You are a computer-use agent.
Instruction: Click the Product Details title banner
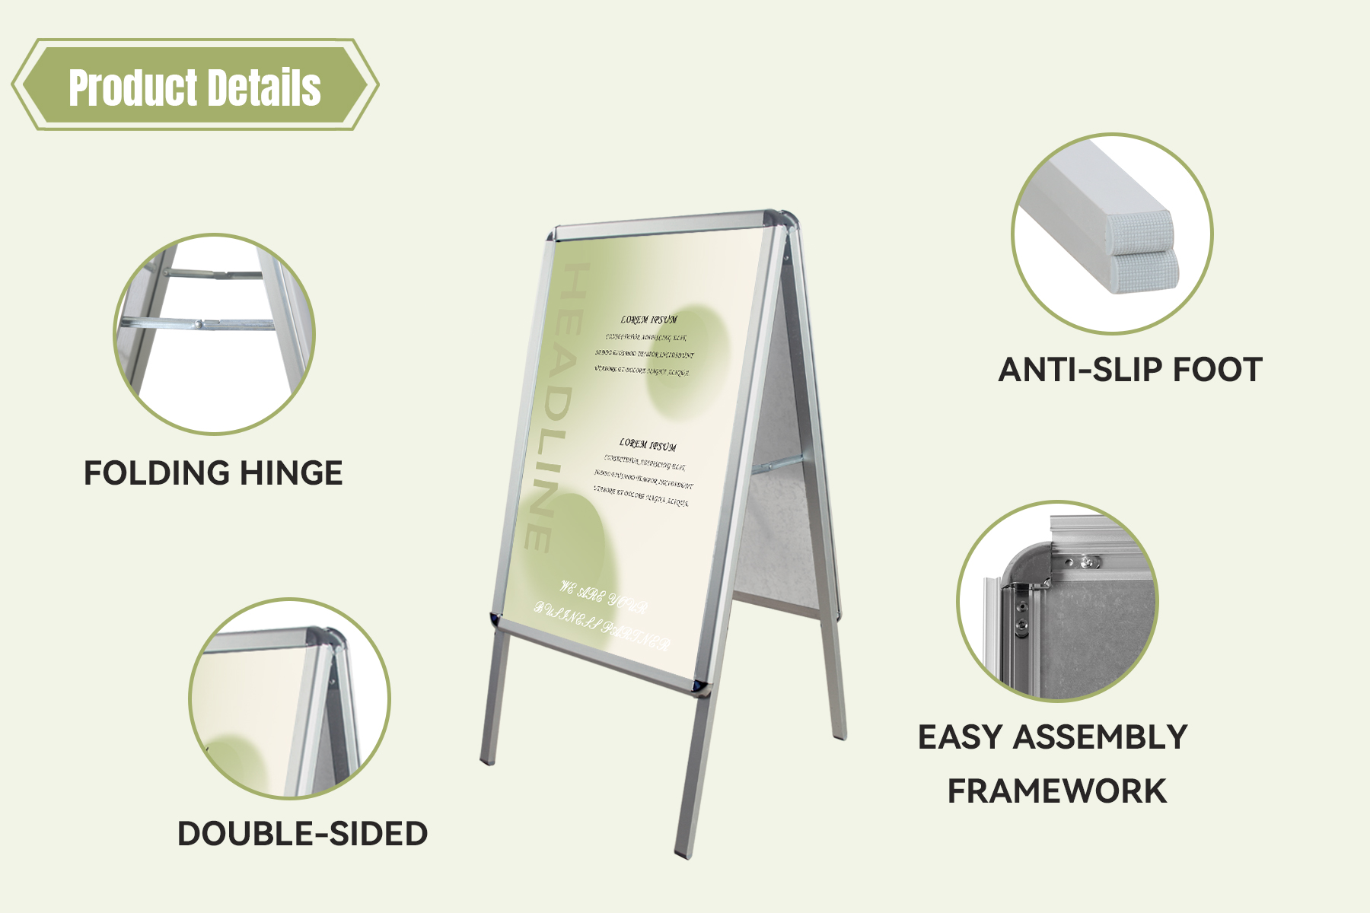pyautogui.click(x=195, y=85)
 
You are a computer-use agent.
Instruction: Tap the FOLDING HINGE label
pyautogui.click(x=213, y=472)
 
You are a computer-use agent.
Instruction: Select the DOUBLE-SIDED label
pyautogui.click(x=302, y=833)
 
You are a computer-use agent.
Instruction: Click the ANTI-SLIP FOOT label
pyautogui.click(x=1129, y=370)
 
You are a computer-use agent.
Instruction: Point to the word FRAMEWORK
pyautogui.click(x=1056, y=791)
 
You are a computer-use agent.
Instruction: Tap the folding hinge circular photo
pyautogui.click(x=214, y=334)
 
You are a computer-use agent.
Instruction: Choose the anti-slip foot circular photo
pyautogui.click(x=1112, y=234)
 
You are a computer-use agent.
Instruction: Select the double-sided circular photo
pyautogui.click(x=289, y=698)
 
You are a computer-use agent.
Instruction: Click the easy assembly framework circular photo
pyautogui.click(x=1057, y=601)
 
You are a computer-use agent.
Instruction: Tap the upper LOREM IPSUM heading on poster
pyautogui.click(x=648, y=320)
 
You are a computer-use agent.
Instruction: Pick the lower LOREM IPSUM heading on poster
pyautogui.click(x=648, y=444)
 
